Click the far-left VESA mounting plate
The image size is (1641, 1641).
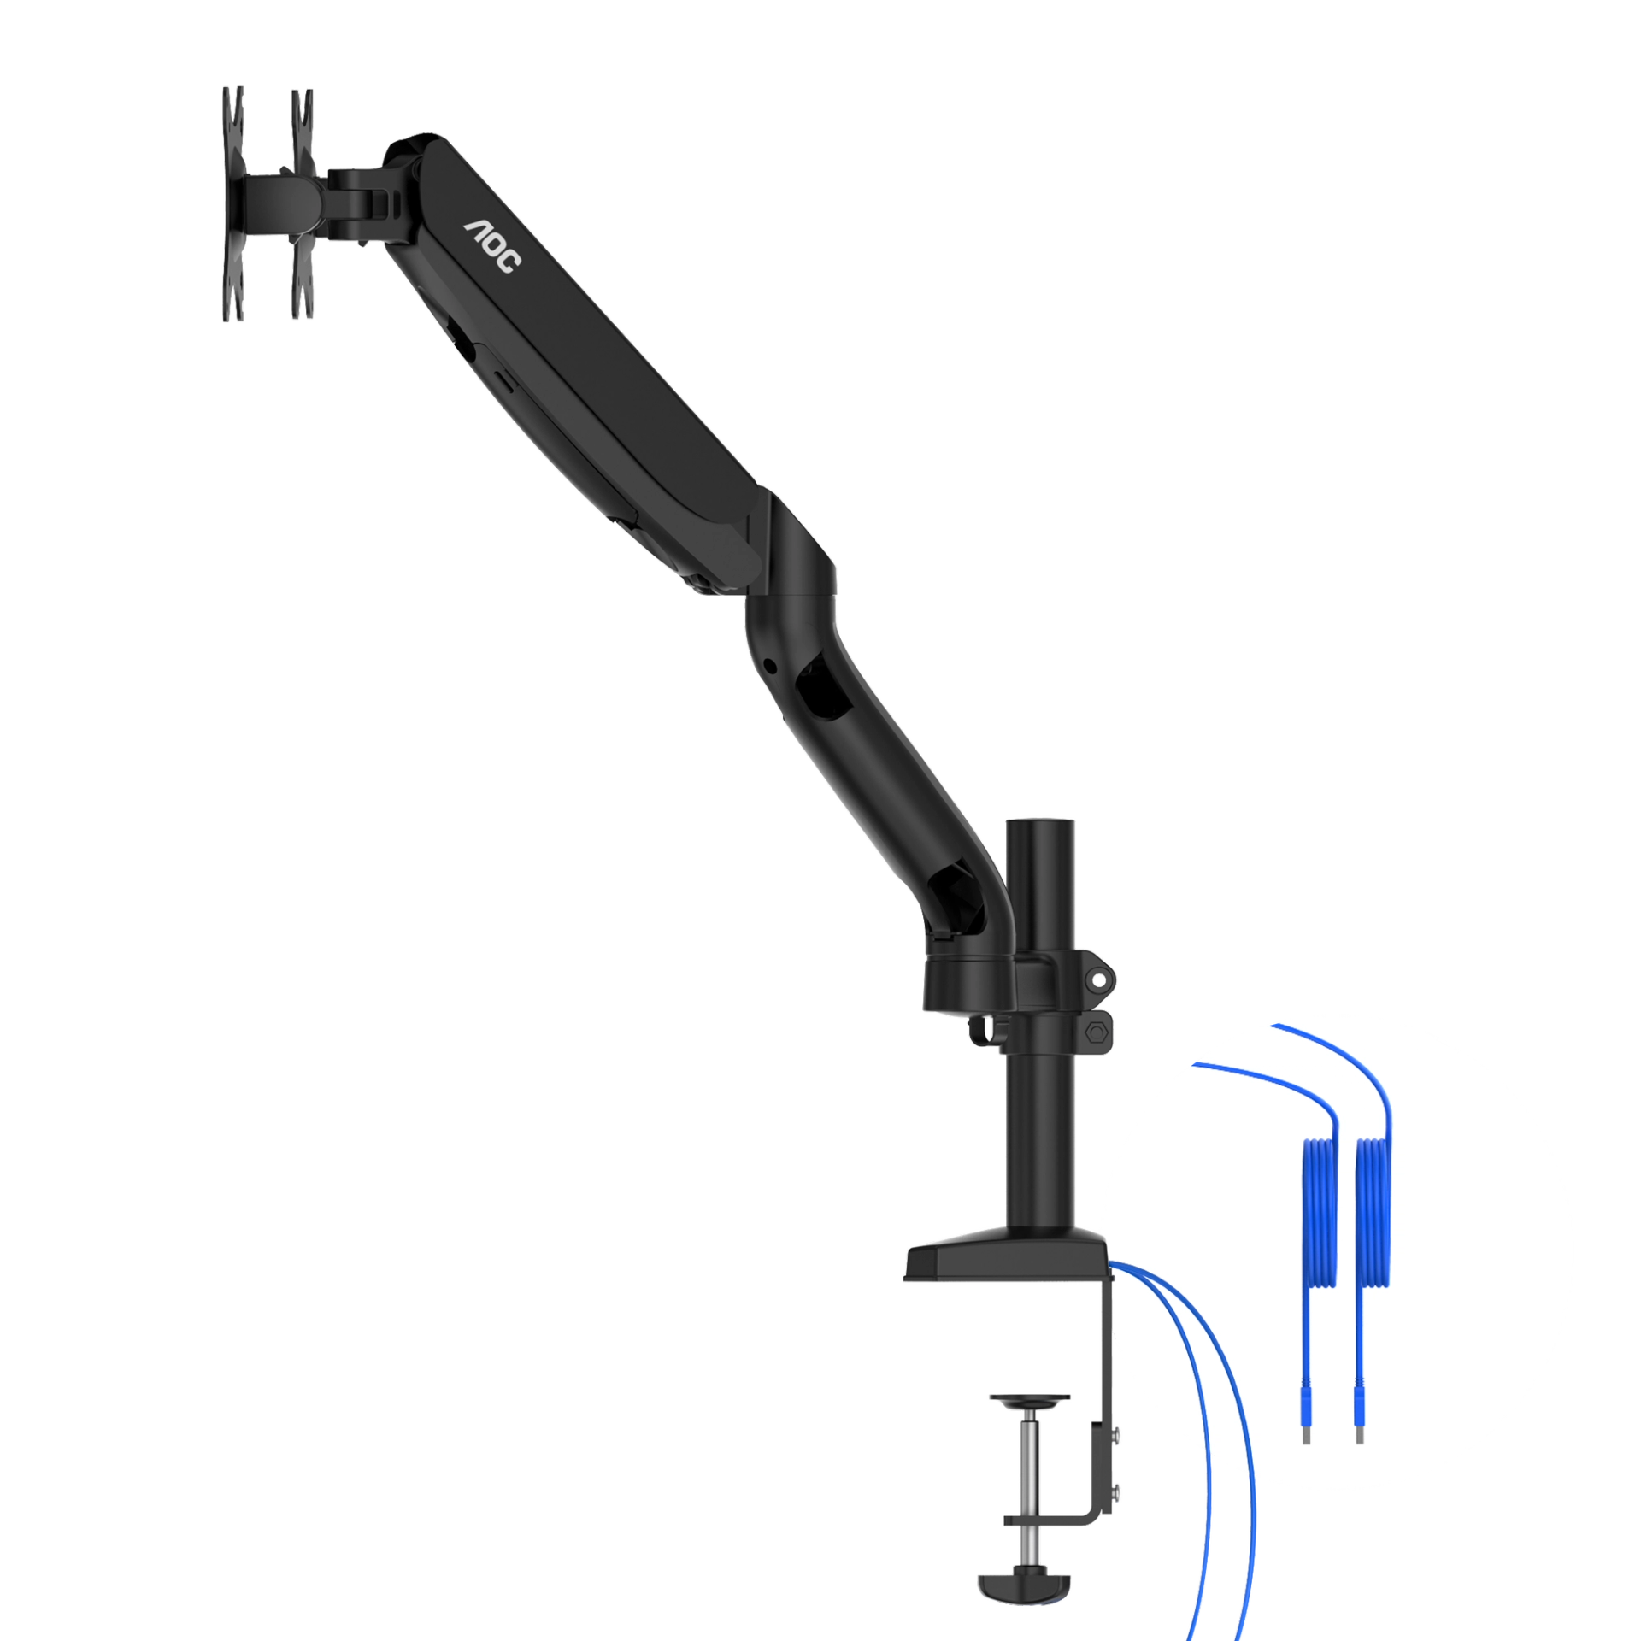click(x=232, y=205)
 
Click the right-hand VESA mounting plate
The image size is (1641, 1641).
click(x=303, y=205)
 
